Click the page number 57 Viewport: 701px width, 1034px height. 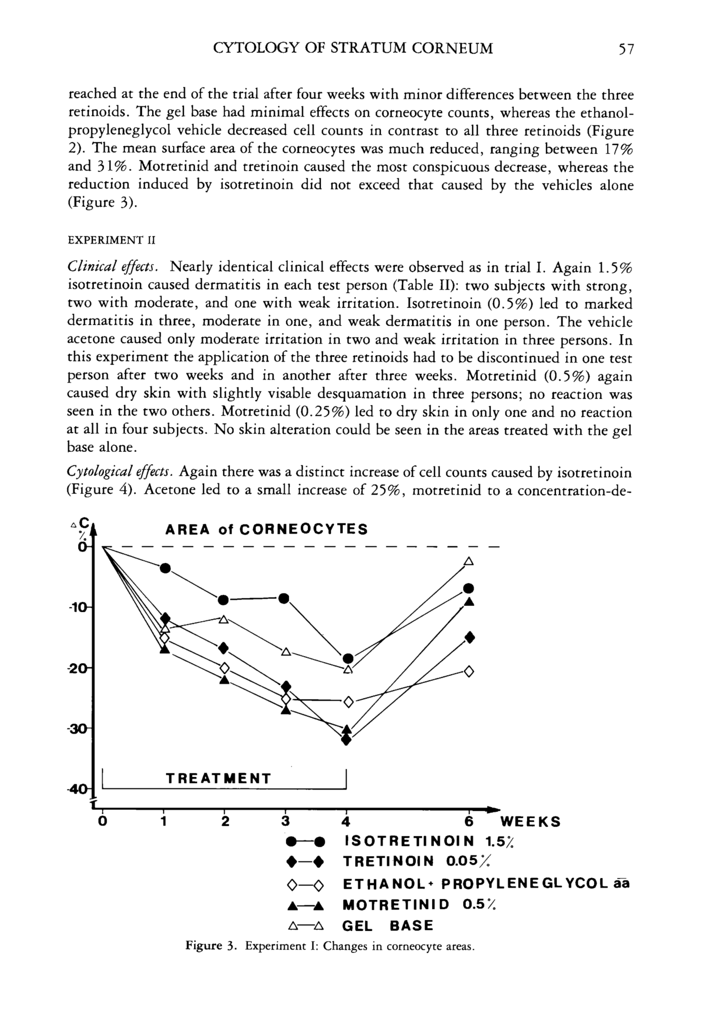[625, 49]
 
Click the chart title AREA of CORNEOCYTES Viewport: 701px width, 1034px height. [266, 530]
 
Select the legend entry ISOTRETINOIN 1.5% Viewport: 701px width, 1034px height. [429, 841]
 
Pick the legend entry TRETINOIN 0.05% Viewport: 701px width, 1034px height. [418, 862]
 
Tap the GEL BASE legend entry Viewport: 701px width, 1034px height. [387, 926]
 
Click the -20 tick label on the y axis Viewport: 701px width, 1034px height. [81, 668]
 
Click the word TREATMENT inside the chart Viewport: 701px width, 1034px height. [218, 778]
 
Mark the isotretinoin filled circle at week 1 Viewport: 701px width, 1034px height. [165, 568]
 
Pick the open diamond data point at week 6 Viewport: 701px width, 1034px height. [469, 671]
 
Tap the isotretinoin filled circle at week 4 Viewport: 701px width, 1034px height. [348, 658]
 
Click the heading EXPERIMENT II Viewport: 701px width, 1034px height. [111, 241]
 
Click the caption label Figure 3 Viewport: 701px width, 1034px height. [209, 945]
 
